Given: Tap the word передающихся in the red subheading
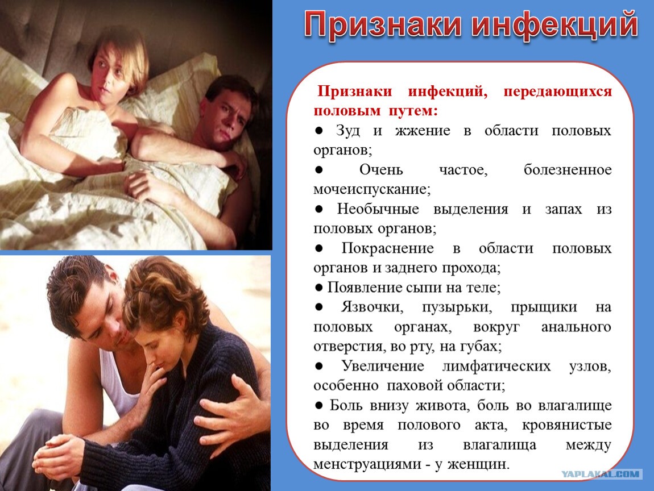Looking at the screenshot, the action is (558, 92).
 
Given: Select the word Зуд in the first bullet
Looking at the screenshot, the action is (348, 131).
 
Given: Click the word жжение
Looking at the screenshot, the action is (423, 131).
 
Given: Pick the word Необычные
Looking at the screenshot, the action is (378, 209).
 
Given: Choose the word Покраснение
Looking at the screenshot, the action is (387, 248).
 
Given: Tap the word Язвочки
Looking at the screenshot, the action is (372, 307).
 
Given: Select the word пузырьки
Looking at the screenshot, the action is (457, 307).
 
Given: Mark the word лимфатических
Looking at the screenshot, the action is (496, 367).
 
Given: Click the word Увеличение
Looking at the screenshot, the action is (383, 366).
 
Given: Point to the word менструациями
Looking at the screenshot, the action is (367, 464).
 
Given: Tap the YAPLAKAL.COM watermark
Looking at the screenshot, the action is (600, 474).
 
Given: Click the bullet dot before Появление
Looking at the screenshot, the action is (319, 287).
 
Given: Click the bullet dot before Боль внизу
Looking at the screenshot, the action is (319, 405).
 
